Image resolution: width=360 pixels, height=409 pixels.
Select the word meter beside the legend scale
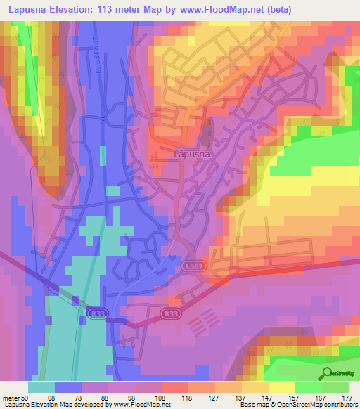pyautogui.click(x=12, y=397)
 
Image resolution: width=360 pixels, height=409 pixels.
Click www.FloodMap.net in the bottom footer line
pyautogui.click(x=131, y=405)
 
